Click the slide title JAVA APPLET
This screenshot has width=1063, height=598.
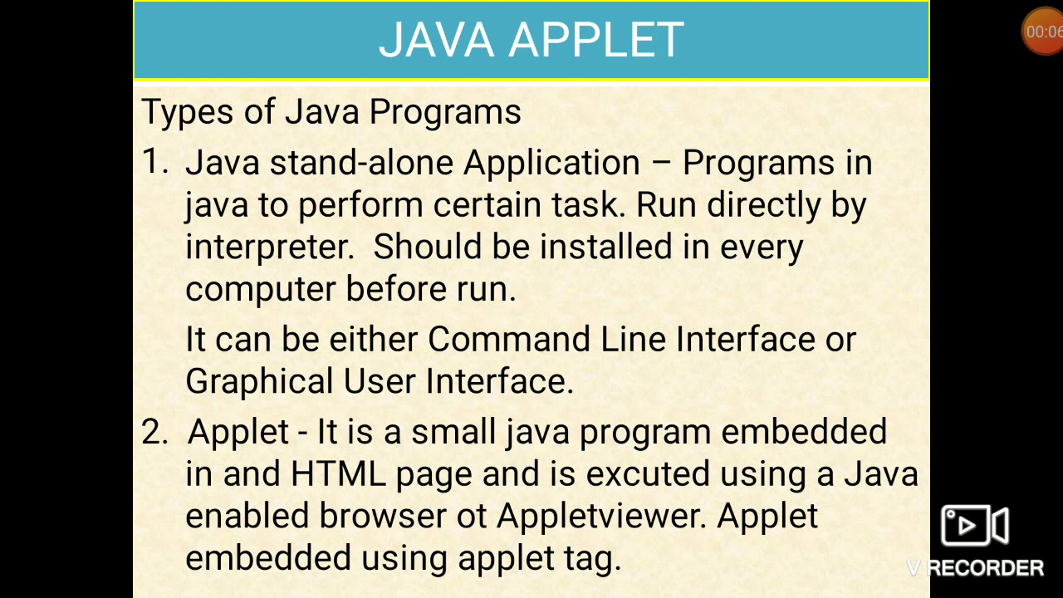[531, 39]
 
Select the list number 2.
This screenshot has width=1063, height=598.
[154, 432]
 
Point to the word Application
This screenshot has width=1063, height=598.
[551, 164]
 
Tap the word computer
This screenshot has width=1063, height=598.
[261, 290]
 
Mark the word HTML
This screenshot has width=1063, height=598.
[338, 474]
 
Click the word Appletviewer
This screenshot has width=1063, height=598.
[601, 517]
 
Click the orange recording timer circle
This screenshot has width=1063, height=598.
[1042, 32]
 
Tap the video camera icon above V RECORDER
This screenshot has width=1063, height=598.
[974, 526]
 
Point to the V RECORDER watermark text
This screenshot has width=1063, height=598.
[976, 568]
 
